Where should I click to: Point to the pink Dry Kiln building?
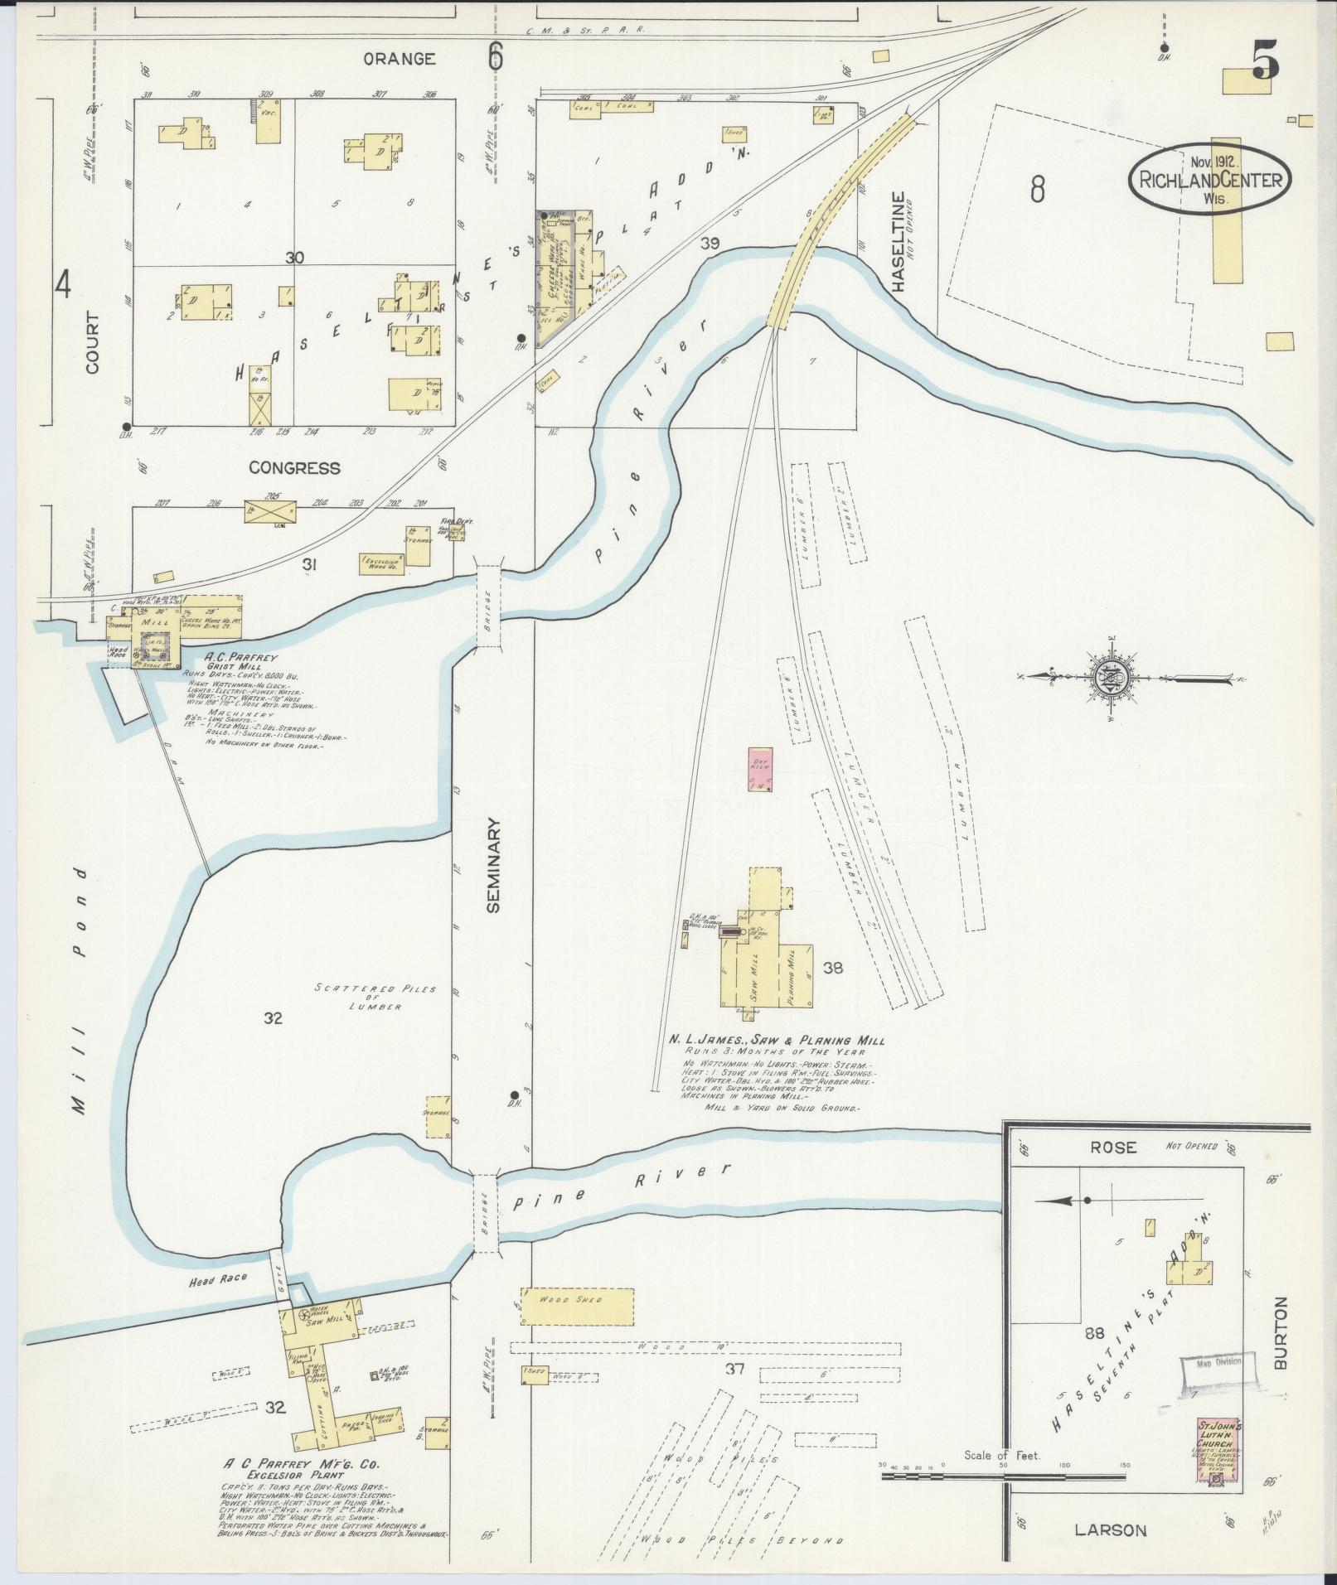pyautogui.click(x=760, y=769)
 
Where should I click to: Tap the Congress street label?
pyautogui.click(x=295, y=468)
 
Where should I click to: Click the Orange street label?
pyautogui.click(x=400, y=59)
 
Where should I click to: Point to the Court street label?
pyautogui.click(x=90, y=342)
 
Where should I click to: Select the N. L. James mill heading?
pyautogui.click(x=777, y=1041)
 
